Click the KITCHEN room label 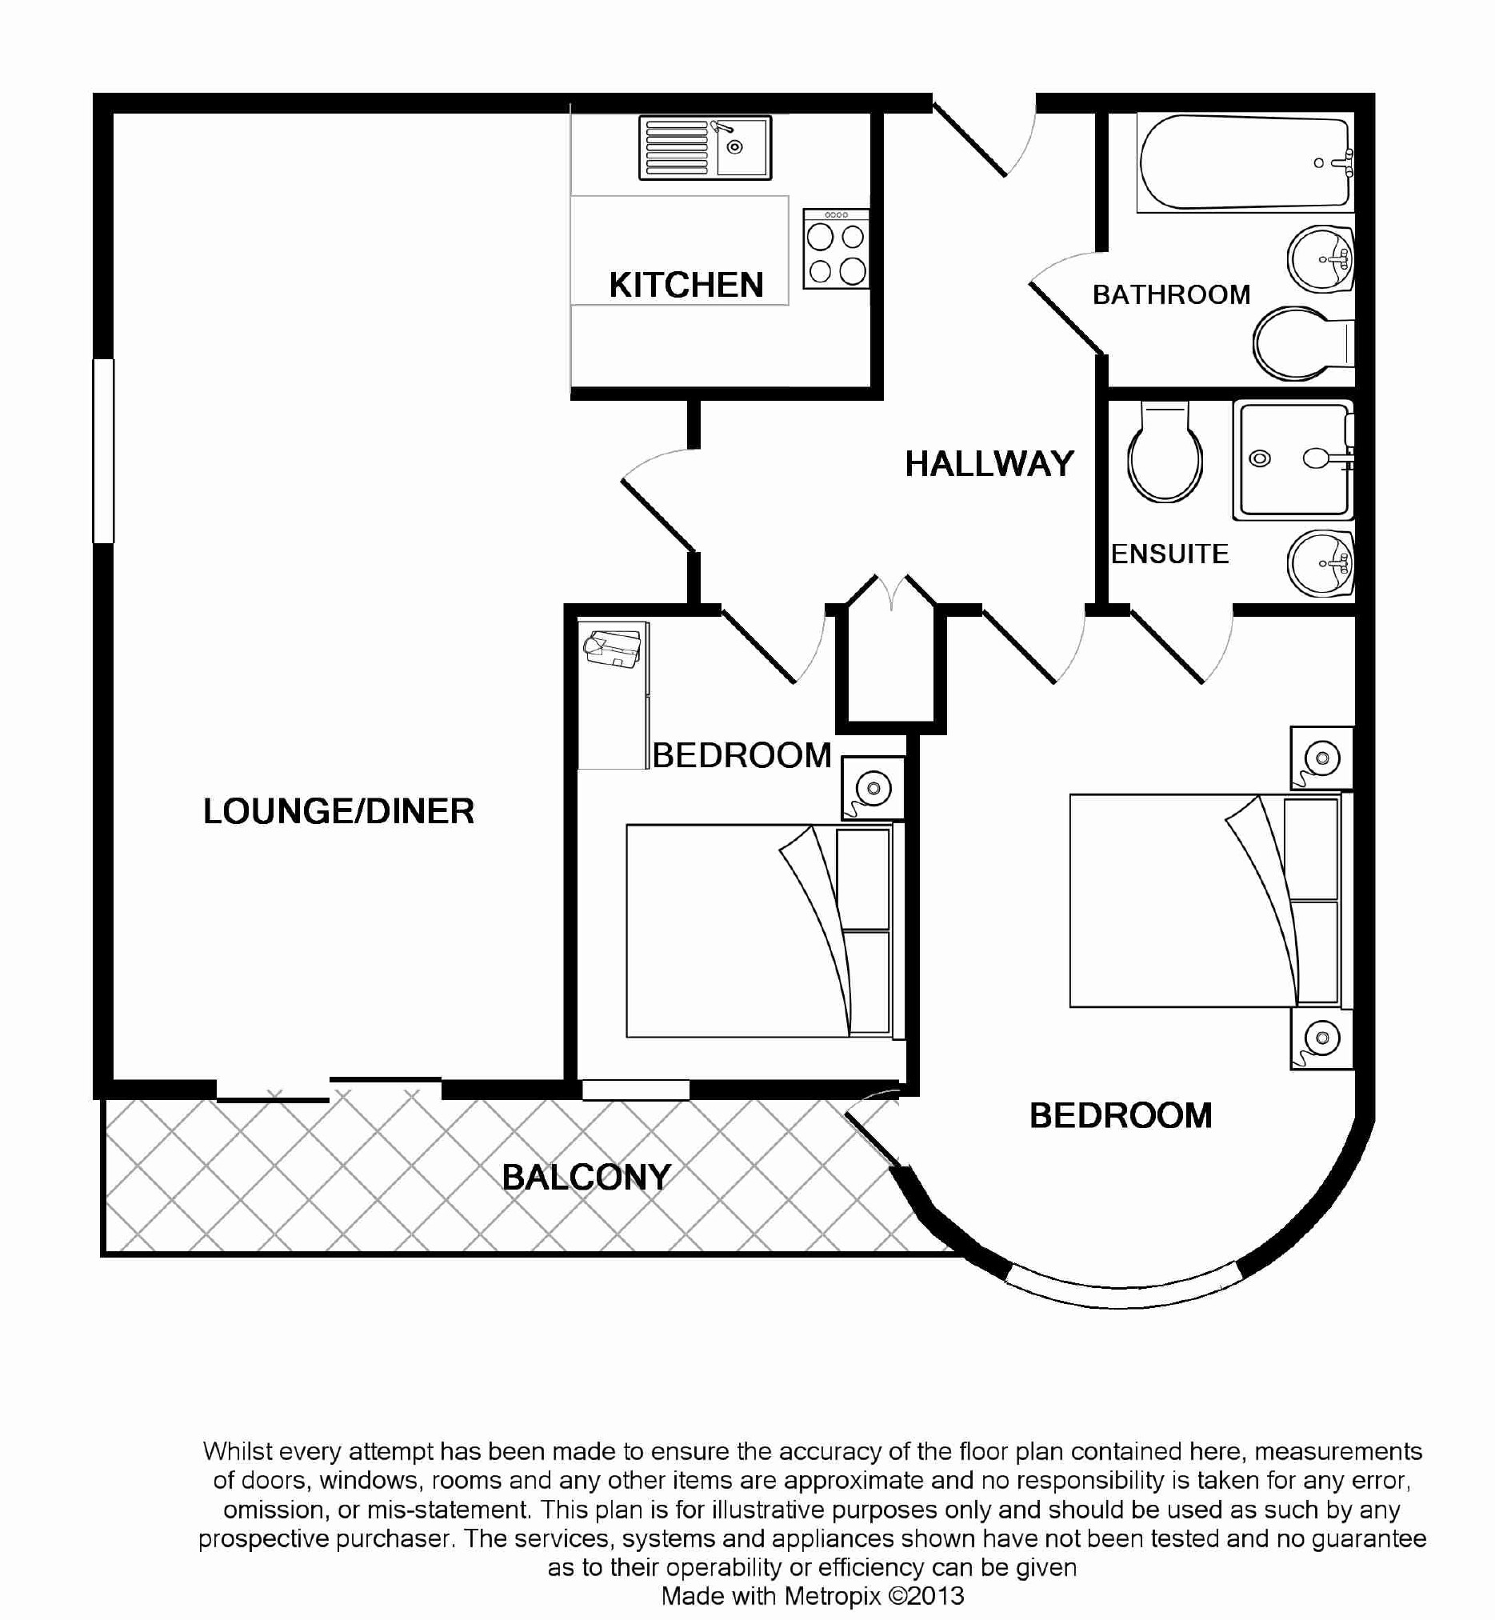pyautogui.click(x=686, y=285)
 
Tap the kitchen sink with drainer pyautogui.click(x=705, y=147)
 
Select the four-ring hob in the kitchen pyautogui.click(x=836, y=249)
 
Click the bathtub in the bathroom pyautogui.click(x=1244, y=162)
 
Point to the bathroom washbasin pyautogui.click(x=1321, y=260)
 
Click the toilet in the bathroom pyautogui.click(x=1303, y=344)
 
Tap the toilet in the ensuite pyautogui.click(x=1165, y=452)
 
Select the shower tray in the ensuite pyautogui.click(x=1293, y=460)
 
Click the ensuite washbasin pyautogui.click(x=1321, y=563)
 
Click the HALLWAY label pyautogui.click(x=989, y=464)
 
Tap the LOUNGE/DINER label pyautogui.click(x=338, y=811)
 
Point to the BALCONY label pyautogui.click(x=586, y=1177)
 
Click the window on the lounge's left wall pyautogui.click(x=103, y=450)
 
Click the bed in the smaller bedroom pyautogui.click(x=765, y=930)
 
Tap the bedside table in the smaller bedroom pyautogui.click(x=873, y=788)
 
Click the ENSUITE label pyautogui.click(x=1169, y=554)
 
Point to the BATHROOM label pyautogui.click(x=1171, y=294)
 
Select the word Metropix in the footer pyautogui.click(x=833, y=1596)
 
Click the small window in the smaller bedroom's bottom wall pyautogui.click(x=636, y=1090)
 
